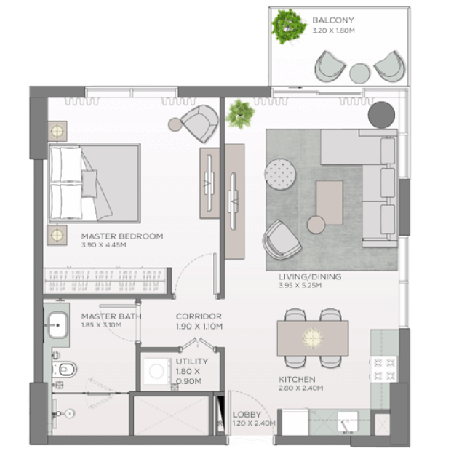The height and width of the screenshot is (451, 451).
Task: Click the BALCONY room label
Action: coord(332,20)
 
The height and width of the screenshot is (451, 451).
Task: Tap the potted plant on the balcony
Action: coord(289,26)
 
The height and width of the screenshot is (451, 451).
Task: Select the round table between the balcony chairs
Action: coord(359,73)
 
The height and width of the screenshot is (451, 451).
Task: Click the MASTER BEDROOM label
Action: coord(122,236)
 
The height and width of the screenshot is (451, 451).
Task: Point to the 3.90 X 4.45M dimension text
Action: coord(103,245)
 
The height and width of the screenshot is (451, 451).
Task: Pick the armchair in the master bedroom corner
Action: coord(199,124)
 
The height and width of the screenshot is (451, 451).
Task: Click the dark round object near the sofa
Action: coord(381,115)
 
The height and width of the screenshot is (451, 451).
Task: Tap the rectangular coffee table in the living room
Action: coord(330,202)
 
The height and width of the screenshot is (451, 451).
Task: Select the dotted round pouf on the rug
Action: coord(280,175)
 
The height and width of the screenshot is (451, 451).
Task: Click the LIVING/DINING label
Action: coord(310,276)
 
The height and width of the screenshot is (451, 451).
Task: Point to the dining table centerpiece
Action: coord(312,338)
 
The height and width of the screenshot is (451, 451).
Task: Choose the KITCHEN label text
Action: coord(297,380)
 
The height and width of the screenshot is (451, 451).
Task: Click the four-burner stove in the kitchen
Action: coord(383,370)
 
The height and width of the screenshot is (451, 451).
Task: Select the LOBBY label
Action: coord(247,415)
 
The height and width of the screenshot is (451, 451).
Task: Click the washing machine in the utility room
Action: coord(156,371)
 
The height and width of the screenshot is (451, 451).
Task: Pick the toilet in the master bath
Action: coord(65,370)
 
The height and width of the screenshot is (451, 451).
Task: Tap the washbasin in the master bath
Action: coord(57,325)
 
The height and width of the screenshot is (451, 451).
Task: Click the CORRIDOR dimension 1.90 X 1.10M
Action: coord(199,327)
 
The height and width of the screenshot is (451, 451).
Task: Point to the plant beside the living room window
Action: coord(240,114)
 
